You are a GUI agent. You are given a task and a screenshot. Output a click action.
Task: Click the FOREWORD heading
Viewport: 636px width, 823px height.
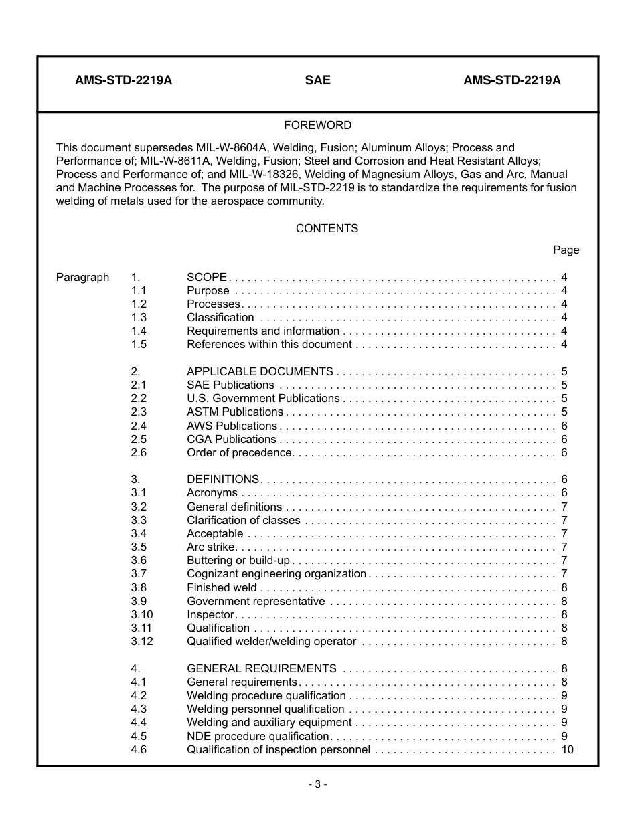click(317, 125)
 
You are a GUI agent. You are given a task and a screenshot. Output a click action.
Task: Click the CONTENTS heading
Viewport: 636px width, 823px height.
click(327, 228)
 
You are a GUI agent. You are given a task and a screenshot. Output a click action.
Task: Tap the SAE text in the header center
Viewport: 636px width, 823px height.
click(317, 80)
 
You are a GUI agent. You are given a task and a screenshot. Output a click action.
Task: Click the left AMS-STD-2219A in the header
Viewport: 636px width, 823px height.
click(123, 80)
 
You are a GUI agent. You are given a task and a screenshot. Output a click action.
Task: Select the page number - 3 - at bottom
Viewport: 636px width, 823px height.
click(317, 785)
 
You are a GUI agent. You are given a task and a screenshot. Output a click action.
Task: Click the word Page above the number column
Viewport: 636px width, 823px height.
click(566, 250)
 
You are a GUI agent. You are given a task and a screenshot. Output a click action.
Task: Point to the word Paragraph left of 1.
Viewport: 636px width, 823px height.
click(82, 277)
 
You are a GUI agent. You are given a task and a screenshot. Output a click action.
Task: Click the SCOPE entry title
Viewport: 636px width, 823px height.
click(207, 277)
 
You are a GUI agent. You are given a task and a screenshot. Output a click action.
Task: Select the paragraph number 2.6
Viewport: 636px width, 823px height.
click(139, 452)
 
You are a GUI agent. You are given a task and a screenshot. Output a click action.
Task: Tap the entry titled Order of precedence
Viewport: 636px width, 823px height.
click(240, 452)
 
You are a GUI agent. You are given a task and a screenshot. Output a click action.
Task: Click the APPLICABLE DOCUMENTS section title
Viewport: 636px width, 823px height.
click(260, 371)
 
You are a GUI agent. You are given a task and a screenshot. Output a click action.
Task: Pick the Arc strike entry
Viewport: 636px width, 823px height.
click(211, 547)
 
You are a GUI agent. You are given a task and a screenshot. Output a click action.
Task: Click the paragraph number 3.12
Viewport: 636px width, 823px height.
click(142, 641)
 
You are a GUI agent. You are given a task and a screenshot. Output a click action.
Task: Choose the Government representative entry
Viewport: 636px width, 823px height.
click(256, 601)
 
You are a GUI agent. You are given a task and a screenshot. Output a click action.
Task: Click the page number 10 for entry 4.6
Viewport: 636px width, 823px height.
click(567, 749)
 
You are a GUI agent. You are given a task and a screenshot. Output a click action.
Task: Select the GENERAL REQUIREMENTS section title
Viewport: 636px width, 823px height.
click(262, 668)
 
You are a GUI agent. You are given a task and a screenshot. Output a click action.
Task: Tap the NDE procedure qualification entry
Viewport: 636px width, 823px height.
click(258, 736)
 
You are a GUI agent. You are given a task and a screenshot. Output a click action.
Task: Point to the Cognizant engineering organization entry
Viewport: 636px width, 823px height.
click(276, 573)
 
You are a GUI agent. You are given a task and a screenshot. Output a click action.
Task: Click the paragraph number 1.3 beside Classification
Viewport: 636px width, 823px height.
click(139, 317)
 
